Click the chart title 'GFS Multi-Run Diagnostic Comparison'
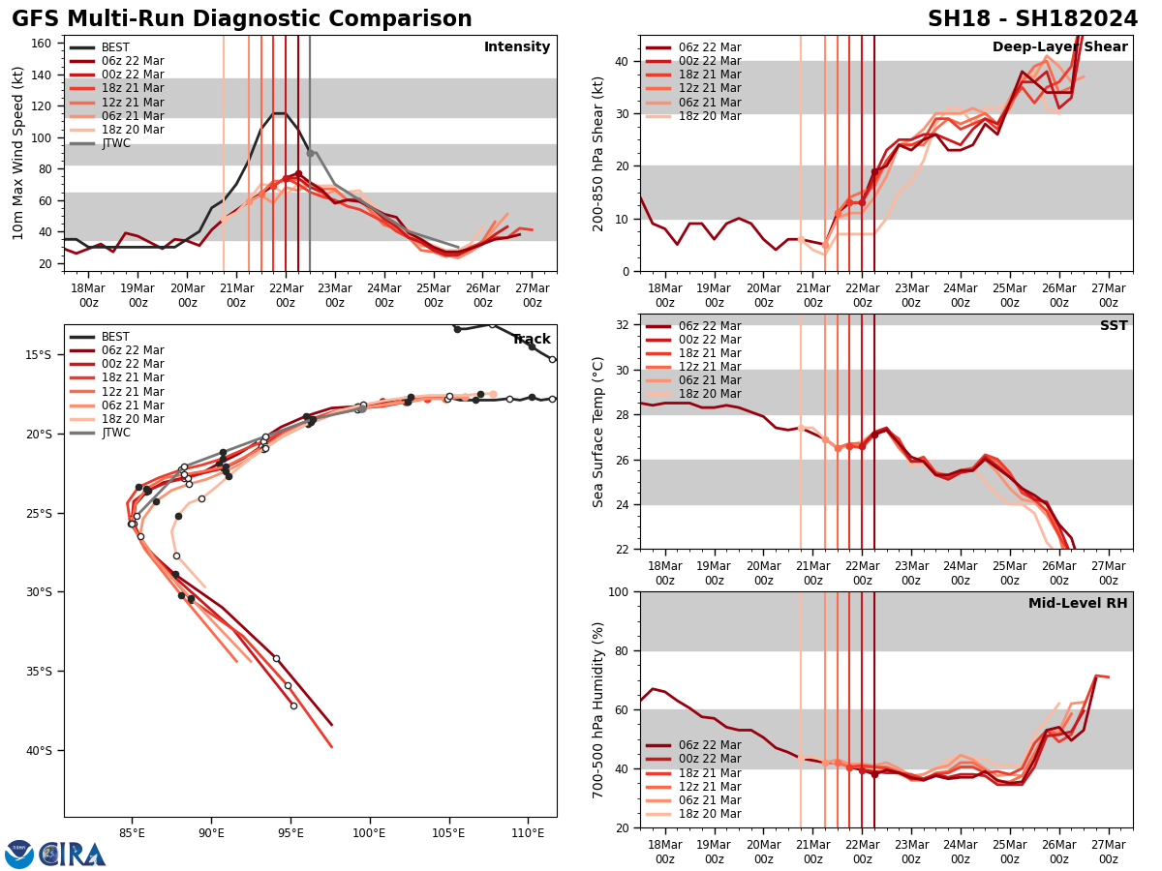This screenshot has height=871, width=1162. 242,19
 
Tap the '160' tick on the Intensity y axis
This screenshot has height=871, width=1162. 44,44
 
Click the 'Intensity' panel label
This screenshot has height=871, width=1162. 517,47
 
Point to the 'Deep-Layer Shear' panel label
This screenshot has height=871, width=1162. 1059,47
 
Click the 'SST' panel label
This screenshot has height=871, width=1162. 1114,326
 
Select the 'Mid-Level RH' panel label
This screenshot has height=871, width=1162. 1078,604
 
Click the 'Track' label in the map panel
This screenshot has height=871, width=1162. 531,340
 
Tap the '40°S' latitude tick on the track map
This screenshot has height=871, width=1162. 39,750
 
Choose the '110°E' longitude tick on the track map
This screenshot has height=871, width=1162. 528,831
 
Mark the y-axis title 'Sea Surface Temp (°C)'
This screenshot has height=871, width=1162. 599,432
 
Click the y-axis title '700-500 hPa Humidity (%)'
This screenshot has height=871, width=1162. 599,709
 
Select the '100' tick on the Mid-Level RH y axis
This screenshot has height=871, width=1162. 621,591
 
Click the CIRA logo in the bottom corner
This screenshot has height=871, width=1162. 55,854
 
